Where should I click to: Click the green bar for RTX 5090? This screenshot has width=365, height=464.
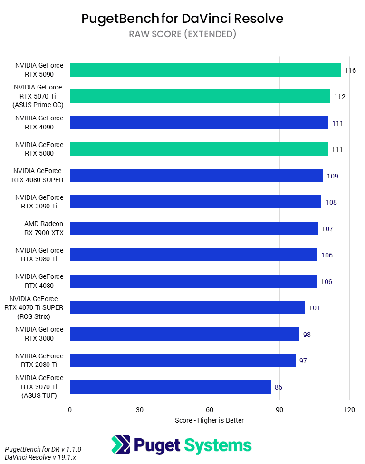coord(205,70)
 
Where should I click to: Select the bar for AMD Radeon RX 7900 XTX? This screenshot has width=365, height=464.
coord(194,228)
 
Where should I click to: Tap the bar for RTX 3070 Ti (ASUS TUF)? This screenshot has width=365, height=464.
coord(170,387)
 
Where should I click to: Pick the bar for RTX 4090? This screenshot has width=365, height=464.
coord(199,123)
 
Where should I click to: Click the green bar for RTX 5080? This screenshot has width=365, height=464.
coord(199,149)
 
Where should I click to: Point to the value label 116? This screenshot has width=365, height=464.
coord(350,70)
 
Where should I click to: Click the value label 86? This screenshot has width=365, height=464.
coord(279,387)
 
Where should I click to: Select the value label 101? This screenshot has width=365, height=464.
coord(314,308)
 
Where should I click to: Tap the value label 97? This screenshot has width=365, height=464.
coord(303,361)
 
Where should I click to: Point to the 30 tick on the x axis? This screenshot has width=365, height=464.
coord(140,410)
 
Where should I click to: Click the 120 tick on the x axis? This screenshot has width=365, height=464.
coord(349,410)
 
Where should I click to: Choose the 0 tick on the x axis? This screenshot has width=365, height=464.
coord(70,410)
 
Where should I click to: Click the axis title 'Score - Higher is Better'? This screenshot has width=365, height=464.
coord(209,420)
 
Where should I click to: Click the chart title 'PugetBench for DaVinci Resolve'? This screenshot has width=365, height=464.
coord(182,19)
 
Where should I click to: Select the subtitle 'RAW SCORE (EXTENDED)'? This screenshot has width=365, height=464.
coord(182,34)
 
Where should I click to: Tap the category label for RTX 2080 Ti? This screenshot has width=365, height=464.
coord(39,360)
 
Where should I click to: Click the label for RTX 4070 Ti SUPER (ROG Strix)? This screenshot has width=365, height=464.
coord(34,307)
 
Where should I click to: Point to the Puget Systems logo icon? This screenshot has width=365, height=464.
coord(120,445)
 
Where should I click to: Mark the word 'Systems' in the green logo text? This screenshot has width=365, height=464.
coord(217,445)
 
